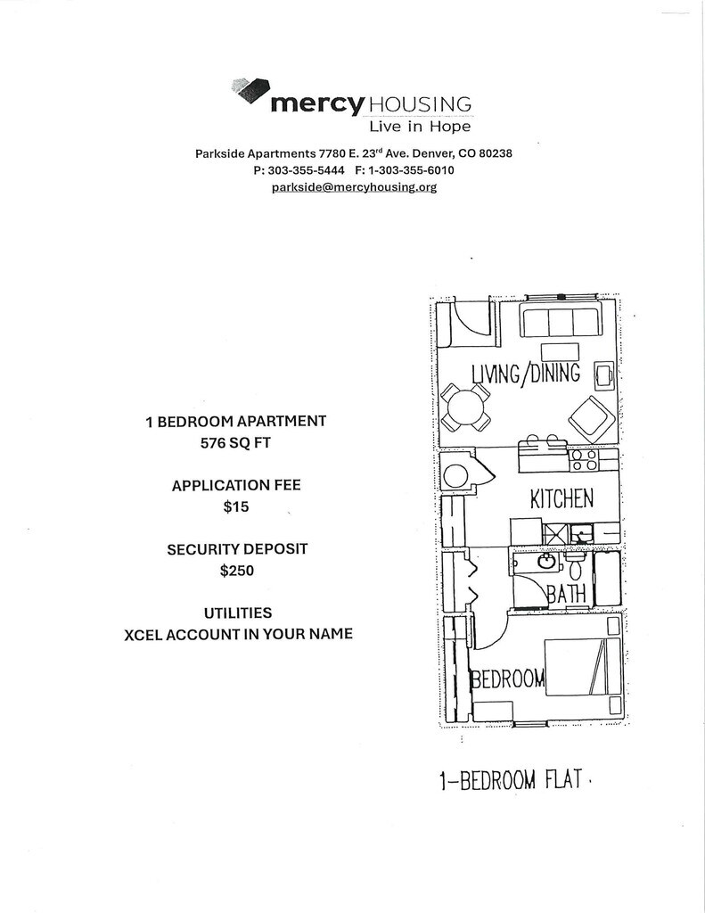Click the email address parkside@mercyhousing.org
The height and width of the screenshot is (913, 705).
[354, 187]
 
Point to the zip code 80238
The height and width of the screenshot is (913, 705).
[495, 153]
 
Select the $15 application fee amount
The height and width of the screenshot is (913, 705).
[236, 507]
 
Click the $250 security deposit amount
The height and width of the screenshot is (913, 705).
[236, 571]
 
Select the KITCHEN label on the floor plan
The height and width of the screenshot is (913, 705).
[562, 498]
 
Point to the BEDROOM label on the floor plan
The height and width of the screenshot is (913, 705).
[508, 679]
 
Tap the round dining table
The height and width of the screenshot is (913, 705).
[465, 409]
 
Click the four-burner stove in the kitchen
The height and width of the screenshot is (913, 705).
[585, 460]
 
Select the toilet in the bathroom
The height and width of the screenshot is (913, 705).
[576, 566]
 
